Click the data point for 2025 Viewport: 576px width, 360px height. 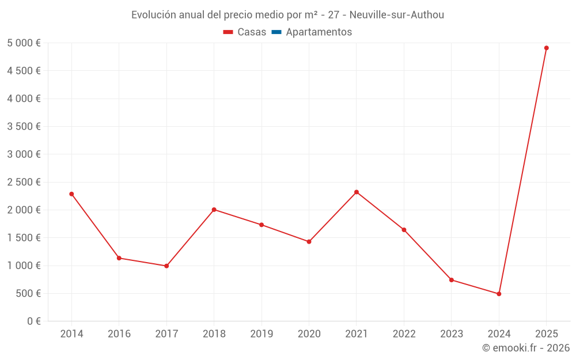click(546, 48)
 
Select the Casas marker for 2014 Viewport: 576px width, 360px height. click(71, 194)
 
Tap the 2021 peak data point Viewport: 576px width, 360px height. click(357, 192)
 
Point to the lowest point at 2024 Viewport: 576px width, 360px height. click(499, 294)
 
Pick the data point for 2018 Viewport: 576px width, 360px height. click(214, 210)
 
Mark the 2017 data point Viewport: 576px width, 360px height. click(166, 266)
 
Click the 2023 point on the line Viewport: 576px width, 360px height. click(452, 280)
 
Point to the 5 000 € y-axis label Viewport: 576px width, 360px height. click(24, 43)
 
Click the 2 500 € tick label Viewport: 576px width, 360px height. click(24, 182)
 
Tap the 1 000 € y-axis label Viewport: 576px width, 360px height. click(24, 266)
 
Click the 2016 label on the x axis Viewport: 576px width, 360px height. click(119, 334)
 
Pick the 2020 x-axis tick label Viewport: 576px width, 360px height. click(309, 334)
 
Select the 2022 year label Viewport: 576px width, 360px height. click(404, 334)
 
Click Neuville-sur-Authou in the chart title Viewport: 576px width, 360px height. click(397, 15)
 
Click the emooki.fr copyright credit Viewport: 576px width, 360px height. click(526, 348)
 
